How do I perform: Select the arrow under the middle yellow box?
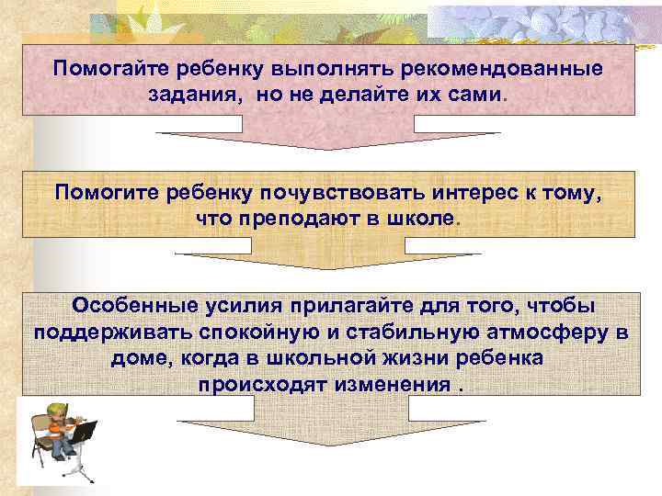(x=327, y=258)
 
